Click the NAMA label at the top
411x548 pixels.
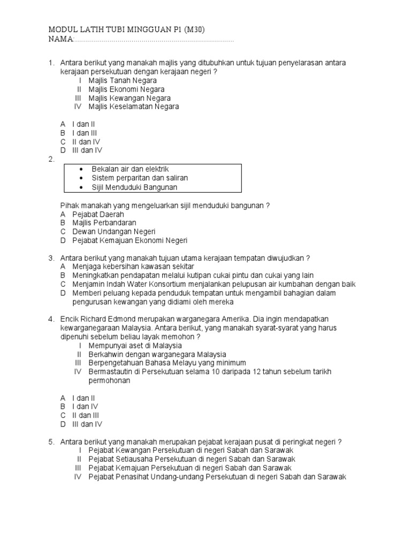tap(59, 40)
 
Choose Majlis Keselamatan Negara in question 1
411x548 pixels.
tap(134, 106)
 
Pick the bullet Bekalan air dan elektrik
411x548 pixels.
tap(130, 169)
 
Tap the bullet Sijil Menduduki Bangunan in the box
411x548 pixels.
tap(134, 187)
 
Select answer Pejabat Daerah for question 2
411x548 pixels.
tap(98, 214)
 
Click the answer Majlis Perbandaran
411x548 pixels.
tap(104, 223)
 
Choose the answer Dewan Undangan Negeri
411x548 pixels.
tap(113, 232)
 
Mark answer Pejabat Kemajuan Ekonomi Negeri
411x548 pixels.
tap(130, 240)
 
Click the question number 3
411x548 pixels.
tap(51, 258)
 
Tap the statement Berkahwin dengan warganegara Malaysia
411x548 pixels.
tap(157, 354)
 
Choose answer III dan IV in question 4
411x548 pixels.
tap(87, 424)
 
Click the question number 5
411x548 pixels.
tap(51, 442)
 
